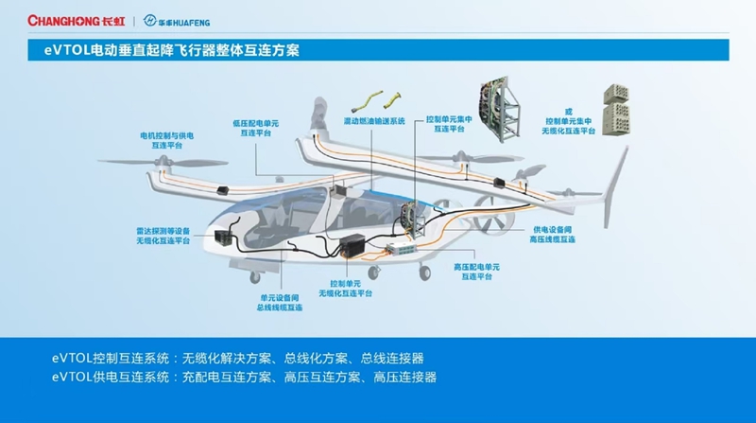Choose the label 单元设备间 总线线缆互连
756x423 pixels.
tap(280, 303)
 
